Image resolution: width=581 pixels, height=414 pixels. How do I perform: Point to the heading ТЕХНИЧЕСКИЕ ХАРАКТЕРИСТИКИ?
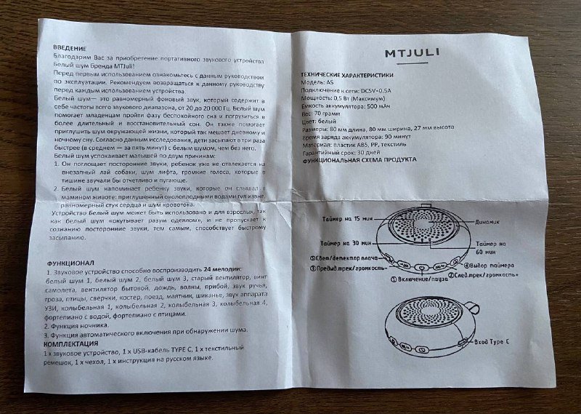point(352,75)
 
